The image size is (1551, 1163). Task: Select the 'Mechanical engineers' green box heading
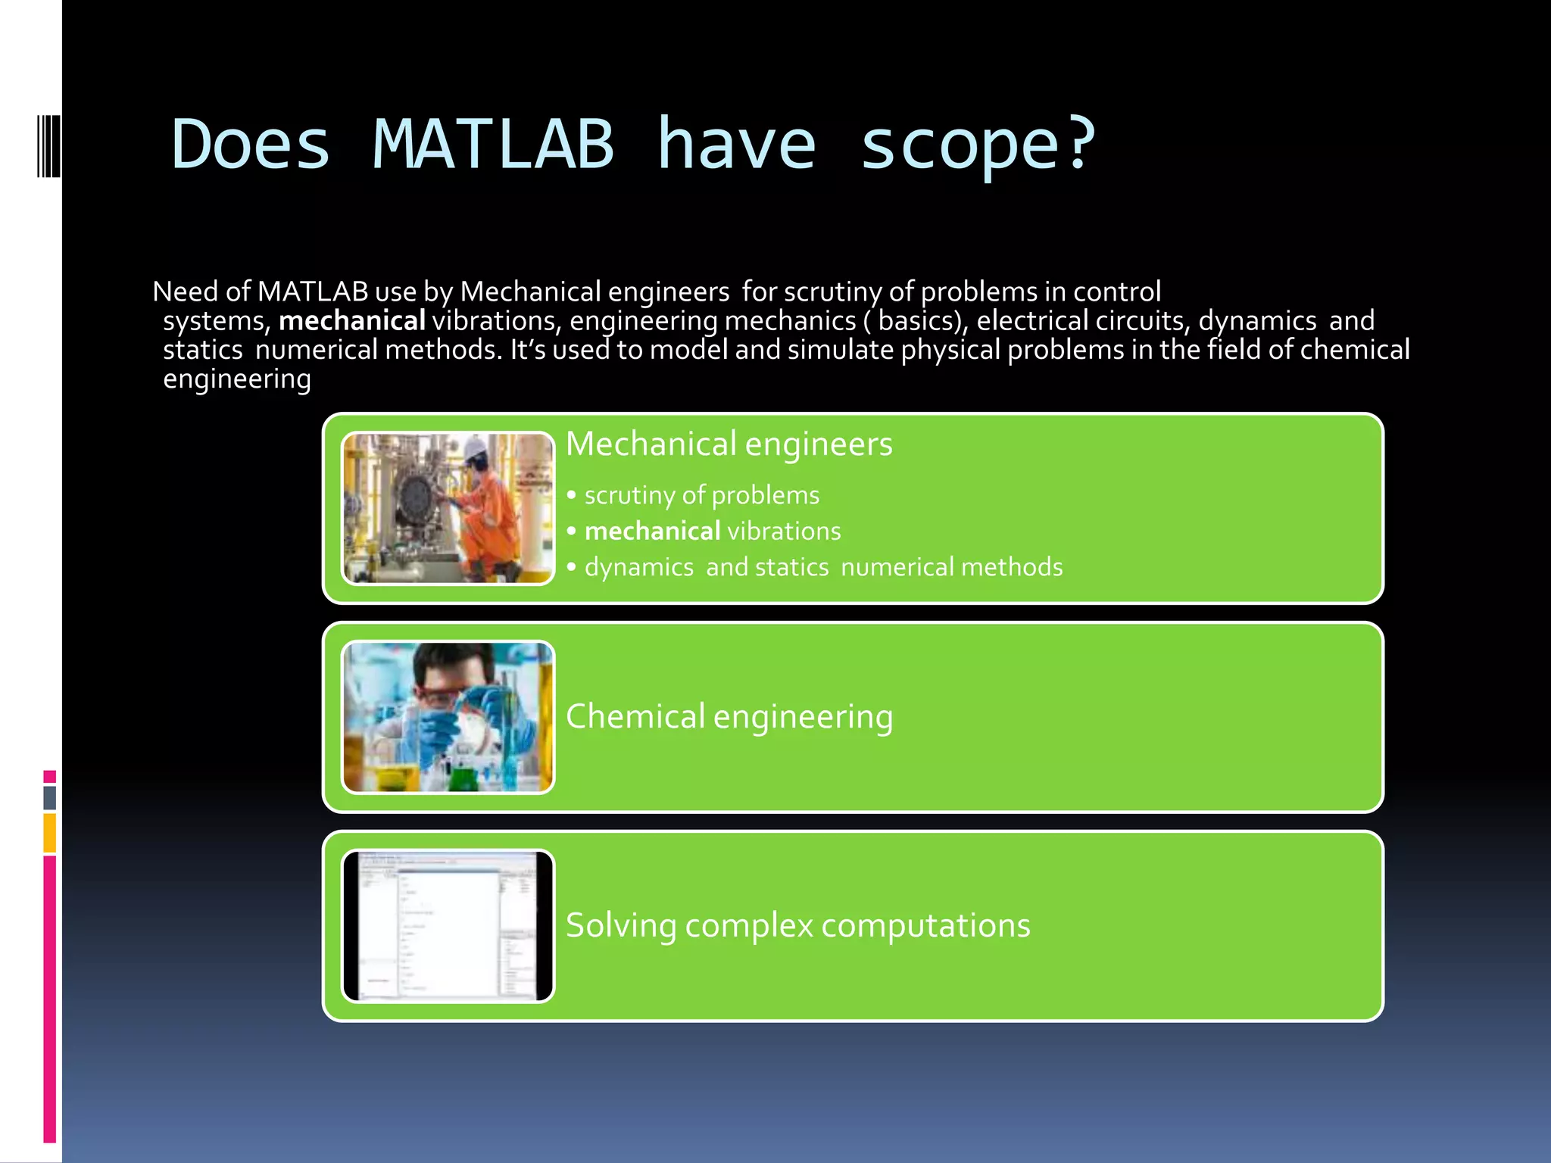point(729,444)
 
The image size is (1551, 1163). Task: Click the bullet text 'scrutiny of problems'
point(701,495)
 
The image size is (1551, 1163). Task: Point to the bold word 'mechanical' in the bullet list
point(652,531)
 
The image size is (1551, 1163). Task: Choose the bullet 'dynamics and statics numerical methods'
point(823,567)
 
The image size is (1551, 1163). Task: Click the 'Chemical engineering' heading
point(729,716)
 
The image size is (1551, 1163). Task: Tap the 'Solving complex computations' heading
point(797,925)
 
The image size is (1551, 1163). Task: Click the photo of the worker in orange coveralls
point(448,508)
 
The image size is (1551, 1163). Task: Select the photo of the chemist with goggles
point(448,717)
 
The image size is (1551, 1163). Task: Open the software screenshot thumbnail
point(448,926)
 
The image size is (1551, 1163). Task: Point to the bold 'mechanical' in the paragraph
point(352,321)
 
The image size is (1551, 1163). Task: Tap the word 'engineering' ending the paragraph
point(237,379)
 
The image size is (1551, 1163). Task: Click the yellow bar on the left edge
point(49,832)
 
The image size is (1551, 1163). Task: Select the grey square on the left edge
point(49,797)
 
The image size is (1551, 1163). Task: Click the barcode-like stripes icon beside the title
point(48,145)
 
